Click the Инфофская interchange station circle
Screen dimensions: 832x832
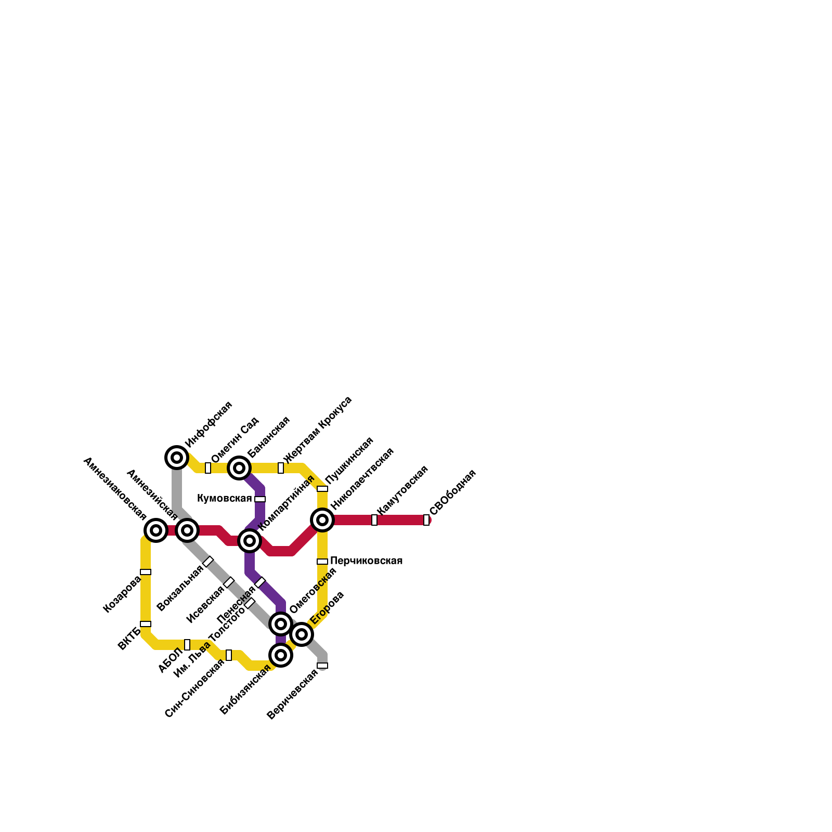point(177,458)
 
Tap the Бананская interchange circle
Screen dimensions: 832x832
point(239,468)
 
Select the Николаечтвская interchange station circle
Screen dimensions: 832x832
point(322,520)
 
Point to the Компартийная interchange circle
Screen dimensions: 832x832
point(250,541)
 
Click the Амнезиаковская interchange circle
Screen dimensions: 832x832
point(156,530)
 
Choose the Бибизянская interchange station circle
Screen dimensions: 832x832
point(281,655)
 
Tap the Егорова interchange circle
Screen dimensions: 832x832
point(302,634)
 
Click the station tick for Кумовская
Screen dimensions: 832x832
point(260,499)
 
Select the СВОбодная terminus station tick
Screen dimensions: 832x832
point(426,520)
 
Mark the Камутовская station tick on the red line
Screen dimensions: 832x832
point(374,520)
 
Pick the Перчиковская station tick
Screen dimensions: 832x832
point(322,562)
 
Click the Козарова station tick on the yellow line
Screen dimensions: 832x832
point(146,572)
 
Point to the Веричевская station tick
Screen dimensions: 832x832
point(322,666)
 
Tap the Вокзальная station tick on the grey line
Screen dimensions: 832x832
point(208,562)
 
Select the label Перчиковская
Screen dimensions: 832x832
point(366,561)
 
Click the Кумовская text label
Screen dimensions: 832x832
point(224,499)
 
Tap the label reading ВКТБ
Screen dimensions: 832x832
point(129,639)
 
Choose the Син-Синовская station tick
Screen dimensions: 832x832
point(229,655)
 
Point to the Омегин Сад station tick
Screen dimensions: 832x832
point(208,468)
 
